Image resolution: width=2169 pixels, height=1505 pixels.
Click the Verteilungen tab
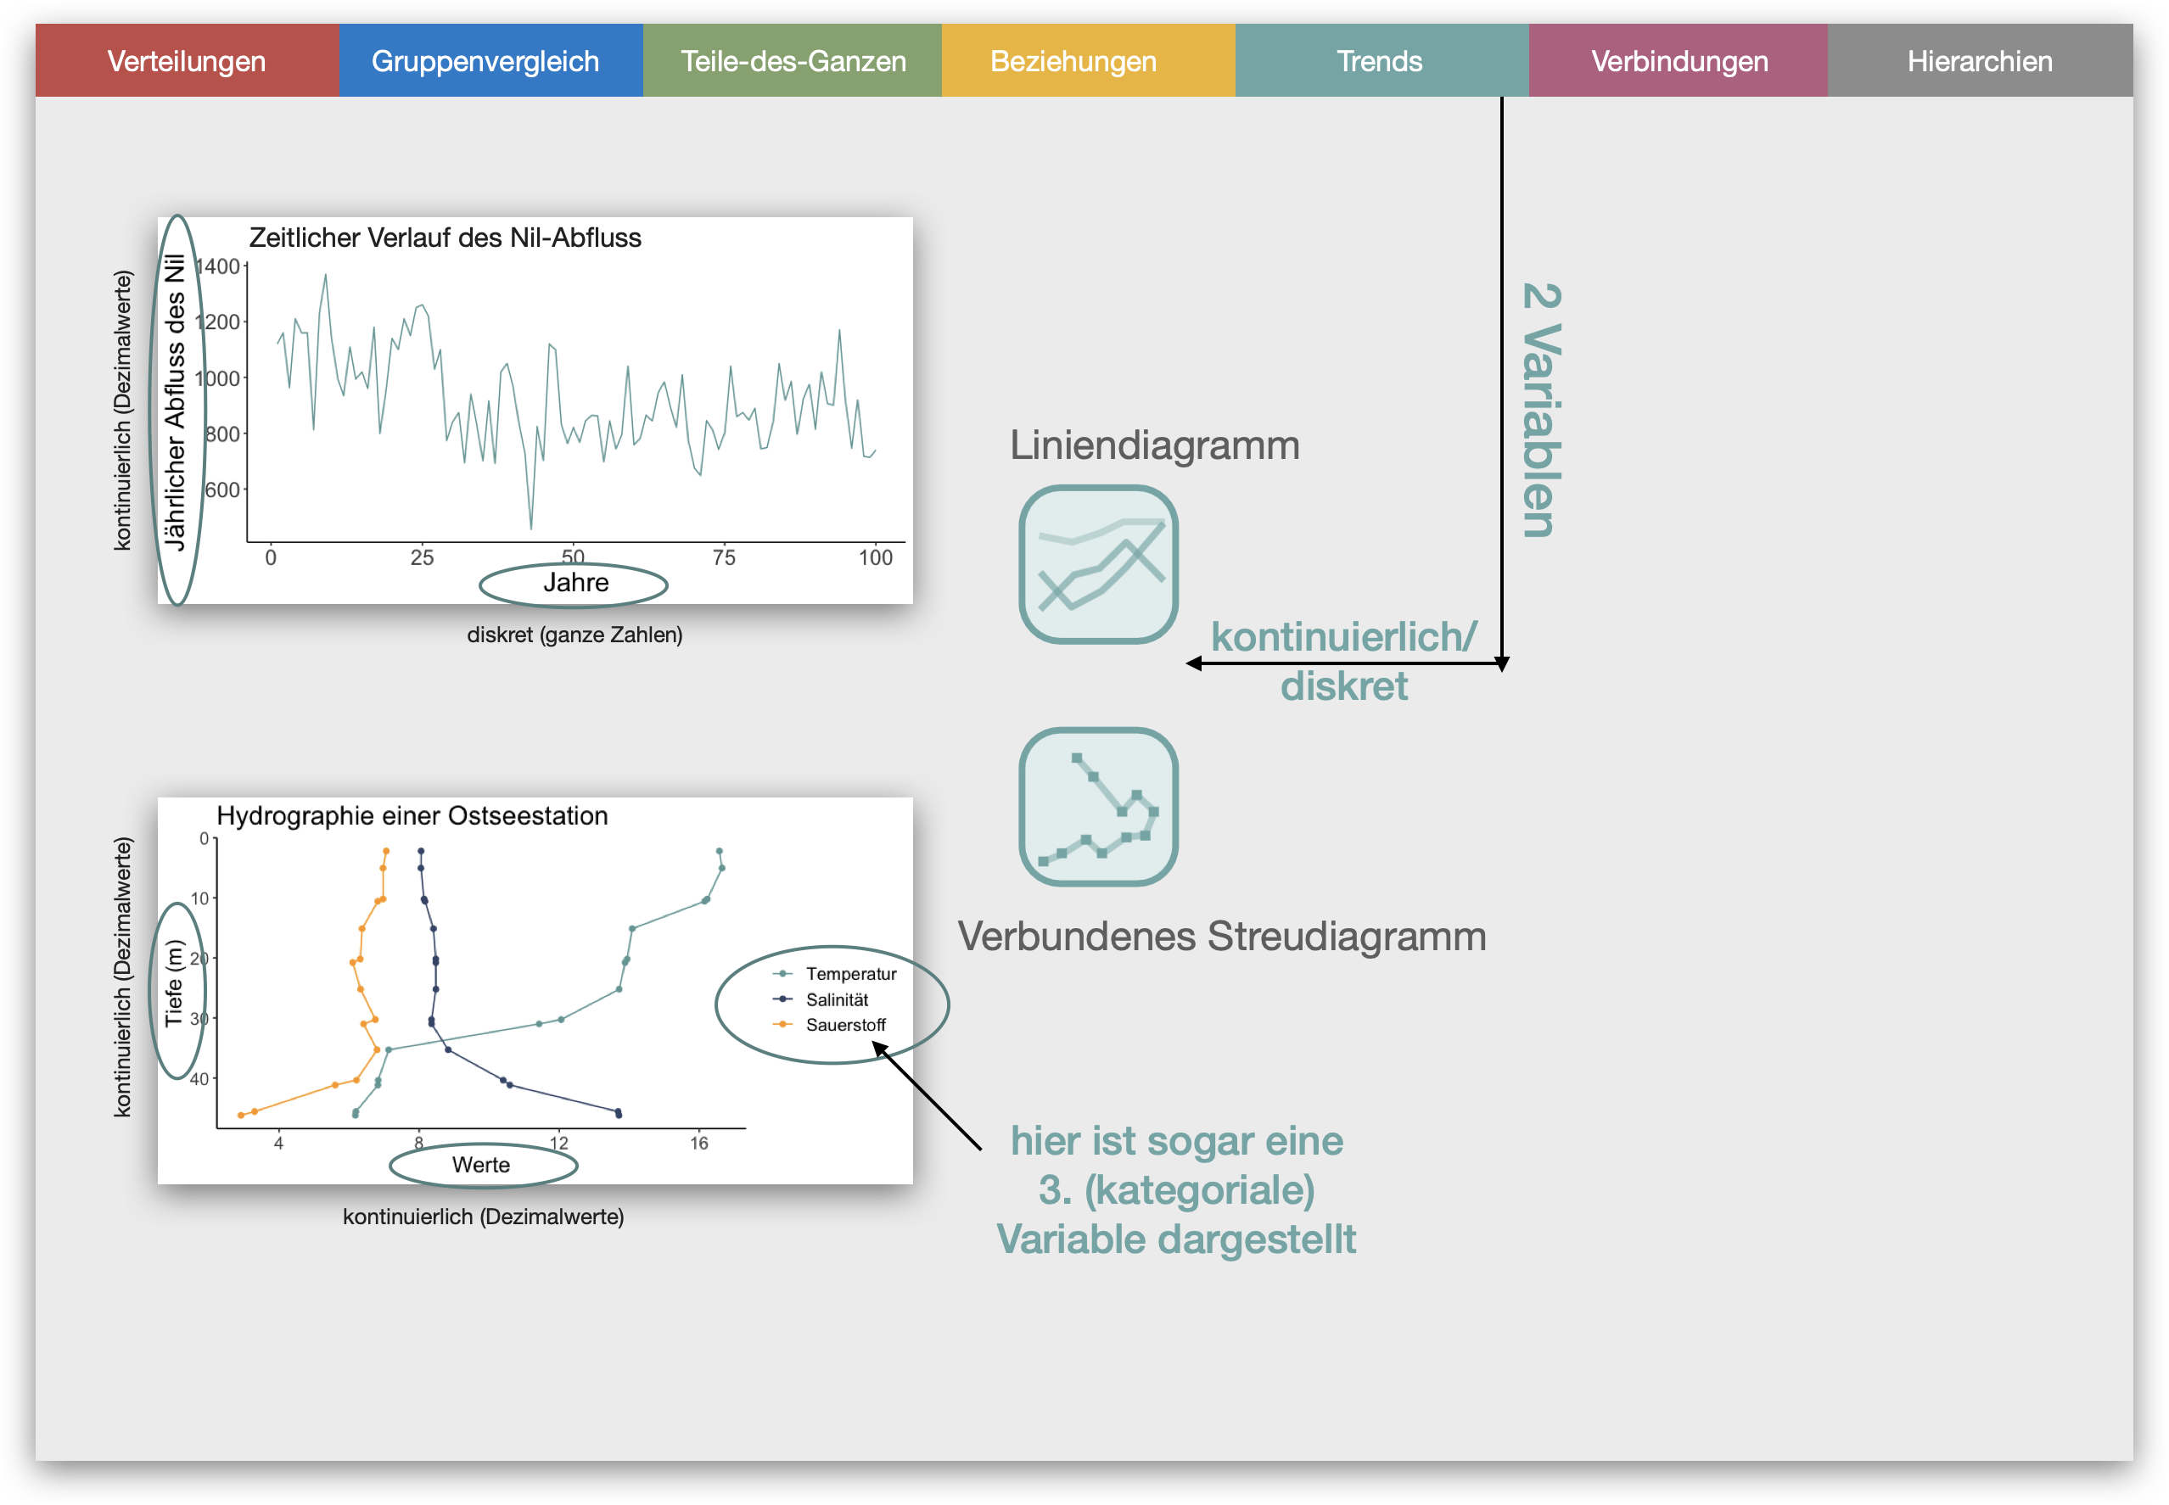point(187,60)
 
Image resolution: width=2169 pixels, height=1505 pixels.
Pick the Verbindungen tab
point(1679,60)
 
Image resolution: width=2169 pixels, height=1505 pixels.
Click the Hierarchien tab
point(1981,60)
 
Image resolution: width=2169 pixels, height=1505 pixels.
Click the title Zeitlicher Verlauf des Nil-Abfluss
point(446,238)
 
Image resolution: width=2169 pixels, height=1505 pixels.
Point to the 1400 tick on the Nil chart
point(218,267)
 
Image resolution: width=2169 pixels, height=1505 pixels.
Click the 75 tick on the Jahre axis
point(723,557)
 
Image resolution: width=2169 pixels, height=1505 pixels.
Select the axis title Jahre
point(575,583)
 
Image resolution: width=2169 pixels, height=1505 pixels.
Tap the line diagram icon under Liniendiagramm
point(1099,564)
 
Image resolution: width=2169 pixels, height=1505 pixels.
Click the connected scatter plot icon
point(1099,806)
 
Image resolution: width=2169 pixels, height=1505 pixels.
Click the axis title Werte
point(481,1165)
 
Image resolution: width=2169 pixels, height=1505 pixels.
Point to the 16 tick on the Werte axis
point(698,1143)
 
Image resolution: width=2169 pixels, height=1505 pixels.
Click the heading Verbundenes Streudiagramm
point(1222,937)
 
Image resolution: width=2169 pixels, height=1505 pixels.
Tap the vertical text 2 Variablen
point(1542,411)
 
